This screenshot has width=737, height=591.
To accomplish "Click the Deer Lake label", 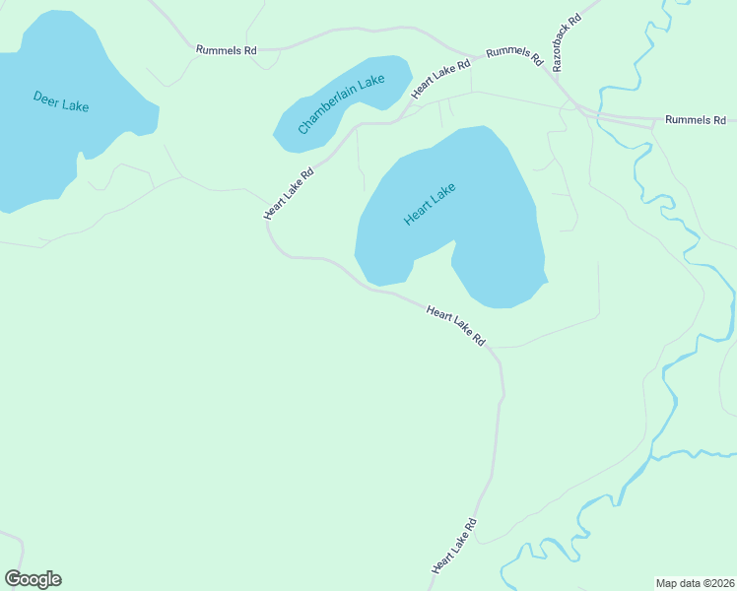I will [x=61, y=100].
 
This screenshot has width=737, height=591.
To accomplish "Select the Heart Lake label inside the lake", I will [x=430, y=205].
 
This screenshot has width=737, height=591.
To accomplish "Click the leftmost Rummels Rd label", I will [x=226, y=48].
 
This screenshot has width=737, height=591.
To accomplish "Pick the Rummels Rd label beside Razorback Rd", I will [x=514, y=54].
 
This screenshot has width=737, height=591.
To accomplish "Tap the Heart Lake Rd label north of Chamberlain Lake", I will [x=440, y=79].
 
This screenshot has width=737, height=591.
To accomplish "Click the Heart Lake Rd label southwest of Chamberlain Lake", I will [x=289, y=192].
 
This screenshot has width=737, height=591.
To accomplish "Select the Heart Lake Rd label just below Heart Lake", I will [x=456, y=325].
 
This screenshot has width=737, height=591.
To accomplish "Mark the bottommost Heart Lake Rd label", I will [x=453, y=546].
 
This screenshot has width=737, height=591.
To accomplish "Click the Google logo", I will [x=33, y=579].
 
